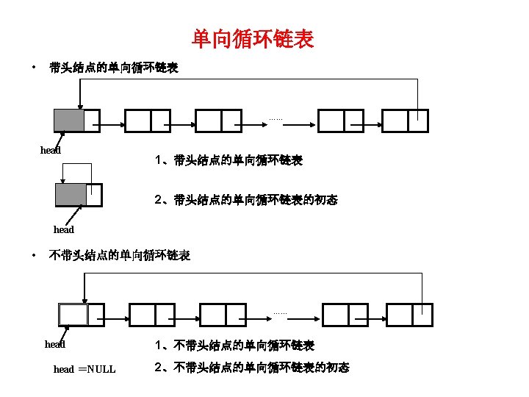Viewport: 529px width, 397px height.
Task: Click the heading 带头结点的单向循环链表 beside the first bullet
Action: tap(113, 68)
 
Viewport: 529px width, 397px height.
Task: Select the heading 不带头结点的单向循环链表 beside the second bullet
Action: tap(119, 256)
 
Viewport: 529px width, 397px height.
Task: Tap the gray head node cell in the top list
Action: tap(68, 121)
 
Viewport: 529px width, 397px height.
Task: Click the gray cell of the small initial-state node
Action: tap(71, 194)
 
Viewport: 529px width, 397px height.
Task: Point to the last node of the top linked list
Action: tap(406, 121)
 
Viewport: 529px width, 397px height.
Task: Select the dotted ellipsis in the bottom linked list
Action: tap(280, 312)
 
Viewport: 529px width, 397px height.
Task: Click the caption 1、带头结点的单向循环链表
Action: tap(228, 160)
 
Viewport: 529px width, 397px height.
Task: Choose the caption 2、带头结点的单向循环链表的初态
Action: tap(246, 199)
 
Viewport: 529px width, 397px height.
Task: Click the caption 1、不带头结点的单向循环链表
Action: tap(234, 345)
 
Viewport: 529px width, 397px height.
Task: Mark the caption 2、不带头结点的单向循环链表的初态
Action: tap(252, 368)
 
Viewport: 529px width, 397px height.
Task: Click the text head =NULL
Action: tap(84, 369)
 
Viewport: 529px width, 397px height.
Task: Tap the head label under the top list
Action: tap(50, 151)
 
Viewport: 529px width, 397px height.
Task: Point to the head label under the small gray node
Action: tap(64, 230)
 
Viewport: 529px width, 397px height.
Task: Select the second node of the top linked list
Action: tap(148, 121)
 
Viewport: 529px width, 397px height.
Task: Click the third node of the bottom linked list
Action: tap(223, 315)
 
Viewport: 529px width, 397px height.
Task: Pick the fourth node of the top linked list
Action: tap(340, 121)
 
